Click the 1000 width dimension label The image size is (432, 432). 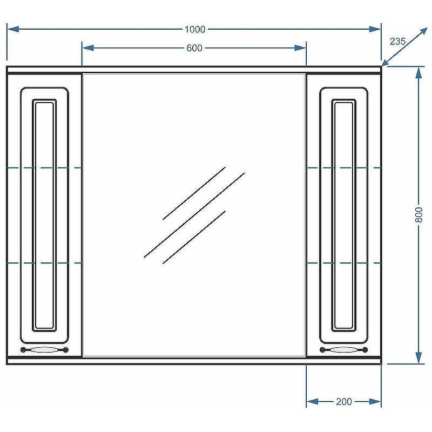coord(195,29)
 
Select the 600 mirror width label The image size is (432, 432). coord(194,48)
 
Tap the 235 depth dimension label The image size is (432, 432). coord(397,42)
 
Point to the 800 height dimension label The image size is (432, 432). coord(418,215)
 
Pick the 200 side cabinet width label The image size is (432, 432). coord(344,401)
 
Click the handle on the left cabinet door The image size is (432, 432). coord(44,350)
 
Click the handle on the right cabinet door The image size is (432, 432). coord(343,350)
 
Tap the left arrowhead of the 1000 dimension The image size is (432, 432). coord(13,29)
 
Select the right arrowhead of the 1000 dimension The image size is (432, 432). coord(375,29)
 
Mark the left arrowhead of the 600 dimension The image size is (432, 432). coord(88,48)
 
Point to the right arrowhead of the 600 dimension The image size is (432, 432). coord(300,48)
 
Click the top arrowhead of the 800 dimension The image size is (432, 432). coord(418,73)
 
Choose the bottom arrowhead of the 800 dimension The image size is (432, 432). coord(418,357)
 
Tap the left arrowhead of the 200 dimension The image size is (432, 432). coord(313,401)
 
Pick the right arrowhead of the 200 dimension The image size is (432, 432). coord(375,401)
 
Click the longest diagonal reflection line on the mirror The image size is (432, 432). coord(194,215)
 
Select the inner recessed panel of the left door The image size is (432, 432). coord(44,215)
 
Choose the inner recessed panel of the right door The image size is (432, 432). coord(343,215)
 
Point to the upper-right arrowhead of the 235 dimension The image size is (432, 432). coord(423,32)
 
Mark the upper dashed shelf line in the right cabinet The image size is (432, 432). coord(344,167)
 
